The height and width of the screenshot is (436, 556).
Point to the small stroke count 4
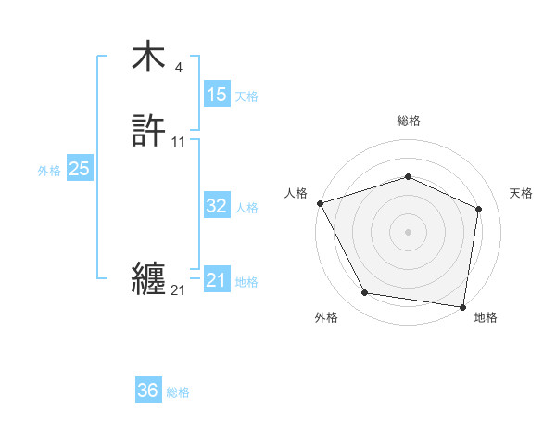(x=178, y=67)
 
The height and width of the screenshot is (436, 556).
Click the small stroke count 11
(x=179, y=142)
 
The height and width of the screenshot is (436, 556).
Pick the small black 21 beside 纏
(x=178, y=290)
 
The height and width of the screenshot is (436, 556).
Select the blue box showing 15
(x=217, y=95)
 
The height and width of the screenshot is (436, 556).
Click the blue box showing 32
(x=217, y=206)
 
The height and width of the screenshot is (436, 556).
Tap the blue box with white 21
(x=217, y=280)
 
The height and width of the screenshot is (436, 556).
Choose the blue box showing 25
(x=80, y=169)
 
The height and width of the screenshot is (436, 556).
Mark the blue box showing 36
(x=148, y=391)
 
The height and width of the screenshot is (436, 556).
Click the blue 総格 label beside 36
(x=178, y=392)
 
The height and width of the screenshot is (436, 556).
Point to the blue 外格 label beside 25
(x=49, y=171)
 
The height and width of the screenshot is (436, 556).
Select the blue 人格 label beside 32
(x=246, y=208)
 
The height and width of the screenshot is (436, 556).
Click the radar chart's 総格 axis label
(x=409, y=121)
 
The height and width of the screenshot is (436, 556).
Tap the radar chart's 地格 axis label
(x=486, y=317)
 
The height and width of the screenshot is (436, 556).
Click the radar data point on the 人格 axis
(x=320, y=203)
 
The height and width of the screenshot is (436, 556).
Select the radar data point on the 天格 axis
(x=479, y=209)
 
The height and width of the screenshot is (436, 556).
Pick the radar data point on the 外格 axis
(x=364, y=293)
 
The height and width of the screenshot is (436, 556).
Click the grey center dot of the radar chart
(x=409, y=232)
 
